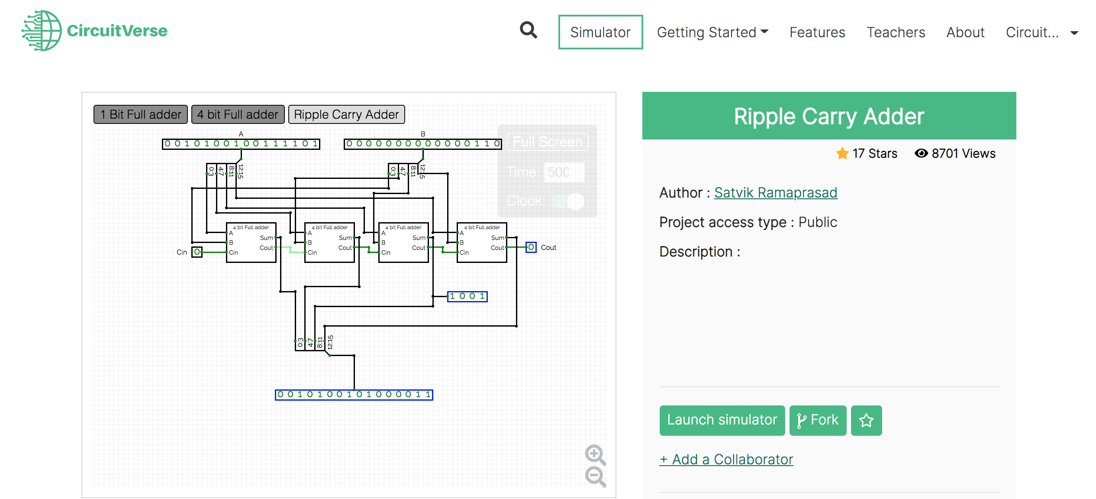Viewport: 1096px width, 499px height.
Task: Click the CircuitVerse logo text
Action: [117, 31]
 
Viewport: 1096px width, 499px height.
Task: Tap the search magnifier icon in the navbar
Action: [528, 30]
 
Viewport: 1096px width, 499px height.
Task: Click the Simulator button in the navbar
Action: [600, 32]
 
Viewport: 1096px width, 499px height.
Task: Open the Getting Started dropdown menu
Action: [712, 32]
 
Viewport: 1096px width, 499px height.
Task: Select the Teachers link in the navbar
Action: [896, 32]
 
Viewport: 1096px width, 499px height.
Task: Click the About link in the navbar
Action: [965, 32]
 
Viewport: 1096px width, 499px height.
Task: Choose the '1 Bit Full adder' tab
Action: [141, 114]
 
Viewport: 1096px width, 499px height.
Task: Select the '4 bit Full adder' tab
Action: [238, 114]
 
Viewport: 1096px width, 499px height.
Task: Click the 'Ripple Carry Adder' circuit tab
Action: [346, 114]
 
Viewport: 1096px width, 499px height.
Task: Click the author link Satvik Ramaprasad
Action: [775, 192]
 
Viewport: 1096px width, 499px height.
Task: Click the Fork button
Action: [817, 420]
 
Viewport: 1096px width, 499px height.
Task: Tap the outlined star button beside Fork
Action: [866, 420]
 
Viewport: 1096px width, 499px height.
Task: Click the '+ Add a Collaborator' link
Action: [726, 459]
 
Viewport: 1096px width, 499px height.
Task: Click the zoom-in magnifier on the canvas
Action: [595, 454]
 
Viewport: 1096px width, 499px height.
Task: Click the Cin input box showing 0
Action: [197, 252]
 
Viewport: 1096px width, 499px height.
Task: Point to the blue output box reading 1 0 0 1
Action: [467, 296]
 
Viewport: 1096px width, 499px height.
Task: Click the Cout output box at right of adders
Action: [531, 247]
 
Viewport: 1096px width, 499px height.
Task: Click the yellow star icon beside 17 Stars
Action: [842, 153]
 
